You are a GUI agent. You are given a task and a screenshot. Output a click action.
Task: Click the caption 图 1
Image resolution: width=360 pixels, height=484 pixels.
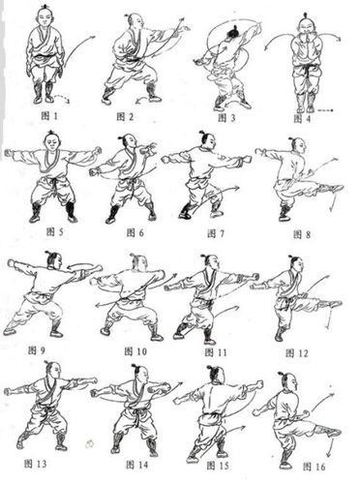click(49, 115)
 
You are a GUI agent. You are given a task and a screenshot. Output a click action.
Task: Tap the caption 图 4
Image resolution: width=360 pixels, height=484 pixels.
click(302, 119)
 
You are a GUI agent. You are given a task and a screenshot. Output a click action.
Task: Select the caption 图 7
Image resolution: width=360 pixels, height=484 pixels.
click(216, 233)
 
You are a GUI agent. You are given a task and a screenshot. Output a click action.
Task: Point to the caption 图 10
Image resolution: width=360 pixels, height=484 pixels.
click(135, 351)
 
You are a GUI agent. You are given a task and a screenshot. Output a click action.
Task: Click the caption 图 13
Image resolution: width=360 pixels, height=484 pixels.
click(36, 464)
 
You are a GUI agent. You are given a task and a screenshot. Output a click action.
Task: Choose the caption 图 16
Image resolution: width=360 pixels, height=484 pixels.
click(314, 467)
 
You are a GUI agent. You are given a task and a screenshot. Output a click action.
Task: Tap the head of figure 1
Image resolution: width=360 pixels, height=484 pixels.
click(45, 15)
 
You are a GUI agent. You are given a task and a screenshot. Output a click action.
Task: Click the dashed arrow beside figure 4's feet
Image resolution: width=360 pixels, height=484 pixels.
click(325, 110)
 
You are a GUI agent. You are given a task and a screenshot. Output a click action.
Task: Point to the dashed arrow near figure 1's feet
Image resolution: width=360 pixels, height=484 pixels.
click(62, 98)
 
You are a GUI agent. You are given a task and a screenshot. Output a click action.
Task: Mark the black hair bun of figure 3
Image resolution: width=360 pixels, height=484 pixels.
click(233, 32)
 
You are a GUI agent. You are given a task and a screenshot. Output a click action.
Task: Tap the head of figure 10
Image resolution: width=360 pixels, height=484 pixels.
click(139, 263)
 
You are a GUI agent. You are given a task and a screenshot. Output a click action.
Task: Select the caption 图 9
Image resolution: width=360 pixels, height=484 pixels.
click(37, 350)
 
